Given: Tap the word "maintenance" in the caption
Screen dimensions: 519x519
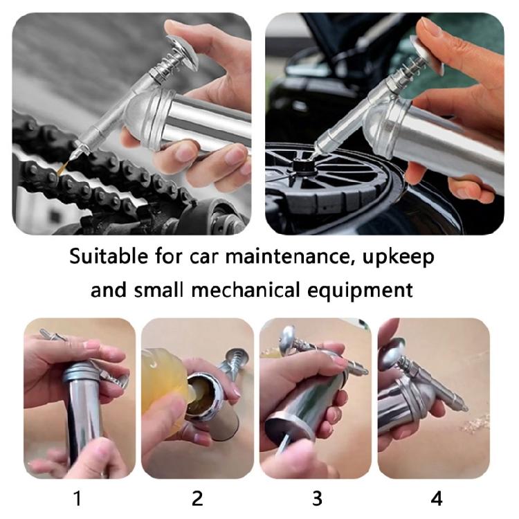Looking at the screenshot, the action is [x=288, y=257].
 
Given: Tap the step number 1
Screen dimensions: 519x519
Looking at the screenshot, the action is [x=78, y=498].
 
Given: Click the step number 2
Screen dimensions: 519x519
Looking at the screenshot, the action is [x=197, y=498].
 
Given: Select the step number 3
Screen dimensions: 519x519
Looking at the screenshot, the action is [x=317, y=498].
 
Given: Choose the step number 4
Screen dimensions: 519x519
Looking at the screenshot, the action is [x=437, y=498].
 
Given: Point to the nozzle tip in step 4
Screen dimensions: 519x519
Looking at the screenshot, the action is [x=463, y=406].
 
